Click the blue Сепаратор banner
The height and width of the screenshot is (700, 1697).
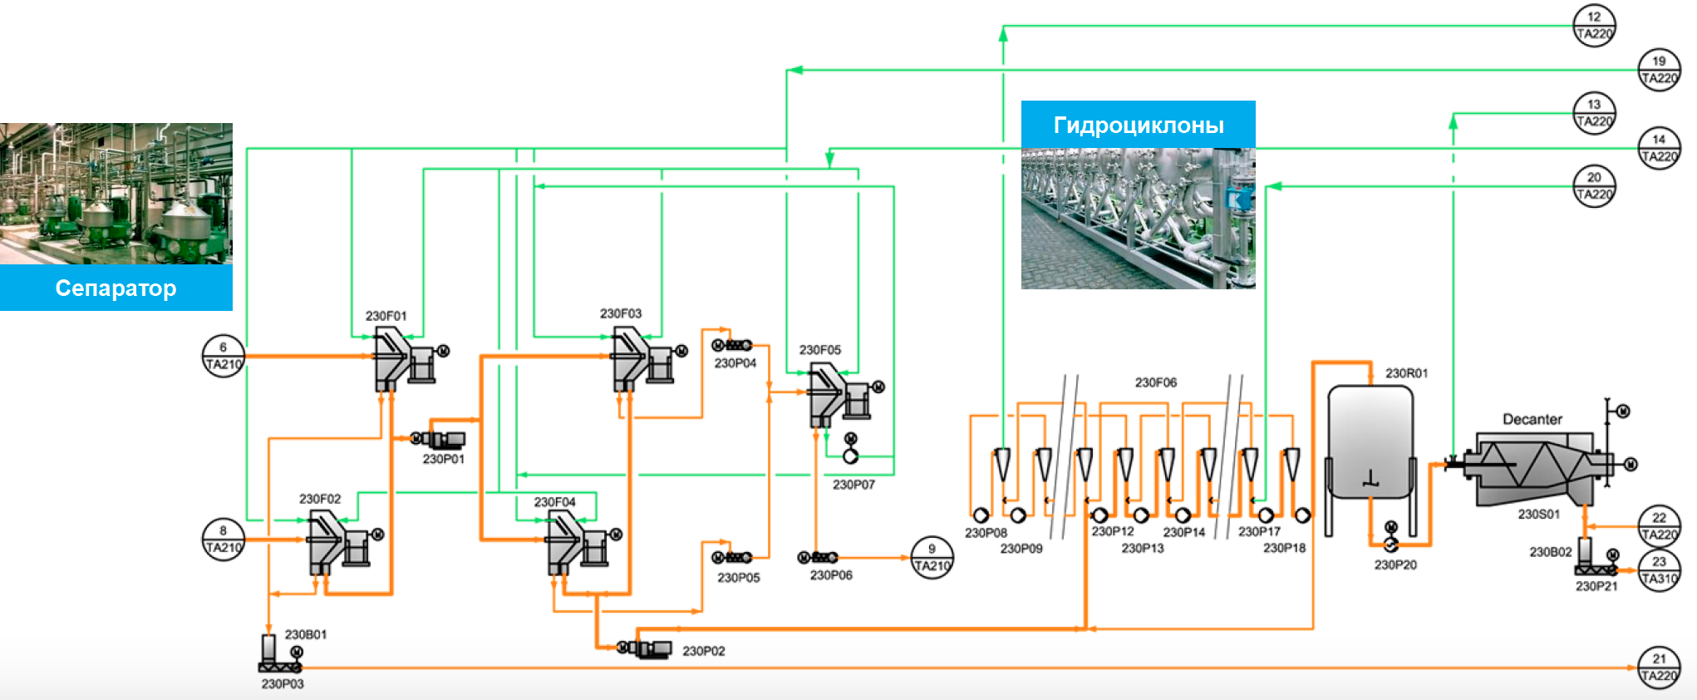(116, 288)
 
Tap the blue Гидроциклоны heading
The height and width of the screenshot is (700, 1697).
(1138, 125)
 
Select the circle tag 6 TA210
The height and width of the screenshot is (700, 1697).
(224, 356)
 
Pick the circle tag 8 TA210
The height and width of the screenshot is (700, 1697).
(224, 540)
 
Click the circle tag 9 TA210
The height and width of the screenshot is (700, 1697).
(932, 557)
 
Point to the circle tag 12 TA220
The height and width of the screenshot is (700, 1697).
(1594, 26)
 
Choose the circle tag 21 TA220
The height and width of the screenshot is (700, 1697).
(1659, 668)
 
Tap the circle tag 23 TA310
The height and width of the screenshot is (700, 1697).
(1659, 570)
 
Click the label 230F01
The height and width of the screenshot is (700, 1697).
(386, 316)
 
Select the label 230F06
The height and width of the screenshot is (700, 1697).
(1156, 382)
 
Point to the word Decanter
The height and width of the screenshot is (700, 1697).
(1532, 419)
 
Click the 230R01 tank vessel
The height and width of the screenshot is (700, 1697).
(1370, 441)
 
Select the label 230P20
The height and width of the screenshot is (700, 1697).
(1395, 564)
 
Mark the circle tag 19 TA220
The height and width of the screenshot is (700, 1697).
(1659, 70)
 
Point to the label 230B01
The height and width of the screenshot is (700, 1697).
(306, 634)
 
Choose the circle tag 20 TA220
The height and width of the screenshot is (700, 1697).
(1594, 186)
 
